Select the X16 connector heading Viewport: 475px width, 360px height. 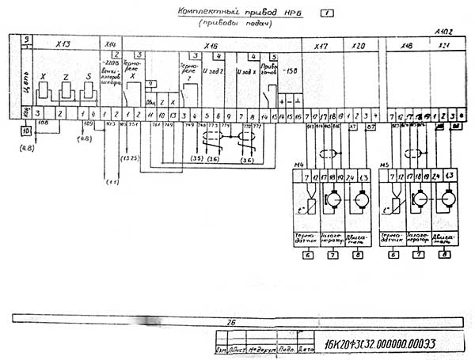tap(211, 46)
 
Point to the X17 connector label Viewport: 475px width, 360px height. tap(321, 46)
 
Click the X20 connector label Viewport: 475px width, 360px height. tap(358, 46)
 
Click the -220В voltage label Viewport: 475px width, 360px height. tap(110, 62)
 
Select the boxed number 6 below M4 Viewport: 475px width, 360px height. tap(308, 254)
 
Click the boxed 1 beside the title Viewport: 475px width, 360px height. tap(326, 13)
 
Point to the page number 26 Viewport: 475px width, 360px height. tap(232, 322)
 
